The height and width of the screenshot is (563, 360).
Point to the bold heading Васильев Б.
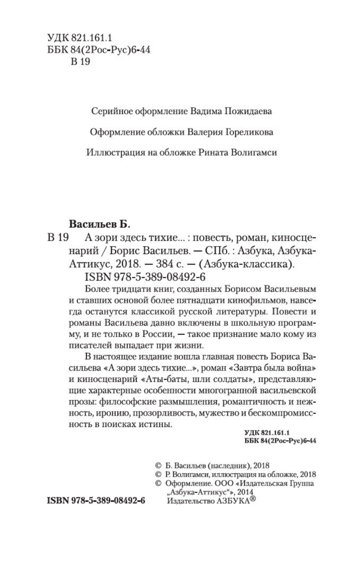(100, 225)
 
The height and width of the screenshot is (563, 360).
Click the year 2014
(245, 492)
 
